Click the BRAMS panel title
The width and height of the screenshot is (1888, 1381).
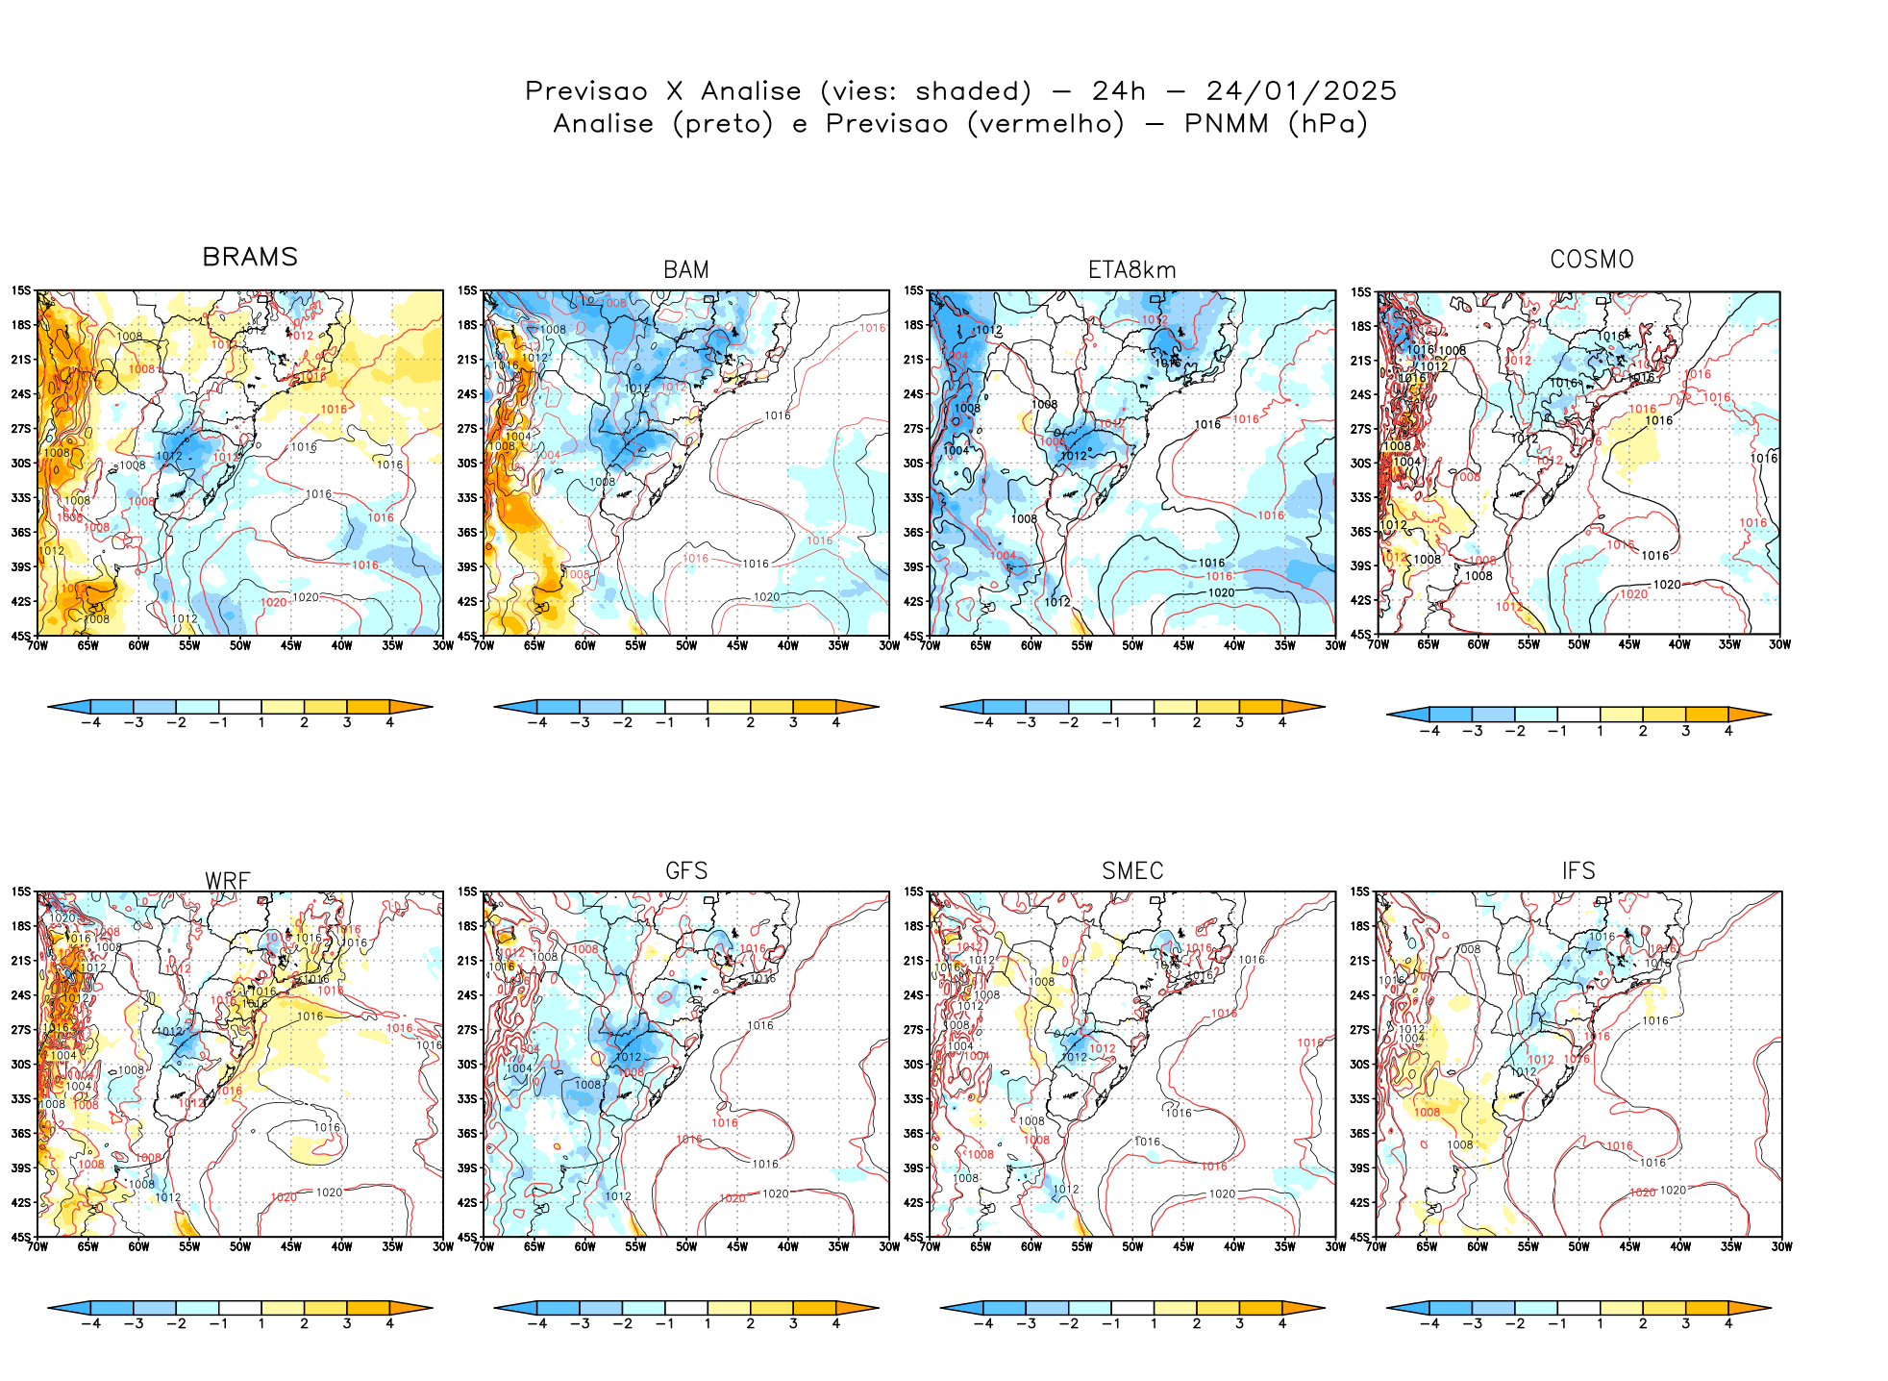pos(250,257)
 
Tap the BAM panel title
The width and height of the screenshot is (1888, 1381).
pos(686,270)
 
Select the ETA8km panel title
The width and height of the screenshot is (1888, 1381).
pos(1131,270)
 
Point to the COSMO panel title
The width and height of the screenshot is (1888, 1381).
pos(1592,260)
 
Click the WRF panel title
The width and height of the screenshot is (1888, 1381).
pos(228,881)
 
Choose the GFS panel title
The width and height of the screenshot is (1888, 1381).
pos(686,871)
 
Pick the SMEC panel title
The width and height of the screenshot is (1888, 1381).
pos(1132,871)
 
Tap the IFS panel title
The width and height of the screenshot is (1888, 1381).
pos(1578,871)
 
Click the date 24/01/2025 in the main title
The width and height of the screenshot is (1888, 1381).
pos(1301,91)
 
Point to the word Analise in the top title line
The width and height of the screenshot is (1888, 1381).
pos(751,91)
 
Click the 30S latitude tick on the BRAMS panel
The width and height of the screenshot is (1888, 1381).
pos(21,463)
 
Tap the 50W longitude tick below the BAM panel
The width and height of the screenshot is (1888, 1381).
pos(686,646)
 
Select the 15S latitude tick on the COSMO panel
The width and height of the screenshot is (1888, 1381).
pos(1361,292)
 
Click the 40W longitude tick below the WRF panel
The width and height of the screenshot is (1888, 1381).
pos(341,1247)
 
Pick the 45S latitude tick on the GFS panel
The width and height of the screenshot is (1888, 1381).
pos(467,1237)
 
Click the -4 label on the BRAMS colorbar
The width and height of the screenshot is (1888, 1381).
pos(90,722)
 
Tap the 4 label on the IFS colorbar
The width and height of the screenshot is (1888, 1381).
pos(1728,1323)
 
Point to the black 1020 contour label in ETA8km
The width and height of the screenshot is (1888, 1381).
pos(1221,592)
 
